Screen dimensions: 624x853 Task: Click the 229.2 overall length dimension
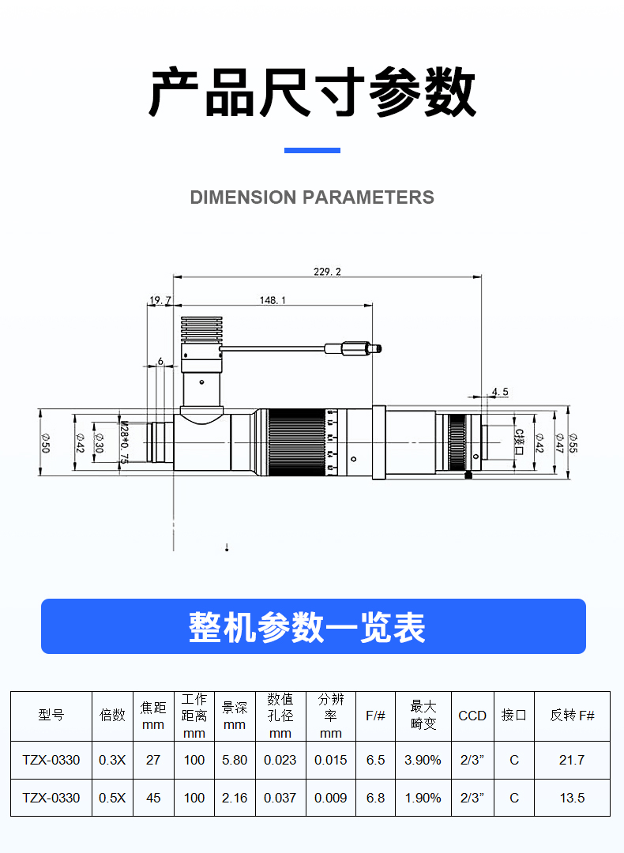point(327,272)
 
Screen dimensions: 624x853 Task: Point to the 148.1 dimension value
point(273,300)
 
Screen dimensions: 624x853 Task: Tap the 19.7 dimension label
point(160,300)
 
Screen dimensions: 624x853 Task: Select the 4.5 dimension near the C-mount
point(500,392)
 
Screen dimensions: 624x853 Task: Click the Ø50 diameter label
point(46,443)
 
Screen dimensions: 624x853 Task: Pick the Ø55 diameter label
point(573,443)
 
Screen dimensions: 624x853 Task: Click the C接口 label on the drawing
point(519,442)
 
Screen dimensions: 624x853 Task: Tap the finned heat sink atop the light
point(202,329)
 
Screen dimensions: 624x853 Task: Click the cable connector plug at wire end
point(353,348)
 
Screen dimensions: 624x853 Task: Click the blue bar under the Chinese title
point(312,150)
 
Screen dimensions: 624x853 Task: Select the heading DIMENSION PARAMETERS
point(312,197)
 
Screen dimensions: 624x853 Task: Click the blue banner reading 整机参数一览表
point(314,626)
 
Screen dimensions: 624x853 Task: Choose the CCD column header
point(472,716)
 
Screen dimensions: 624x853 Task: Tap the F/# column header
point(375,716)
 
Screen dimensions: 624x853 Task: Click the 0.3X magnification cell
point(112,760)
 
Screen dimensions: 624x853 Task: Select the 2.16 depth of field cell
point(235,798)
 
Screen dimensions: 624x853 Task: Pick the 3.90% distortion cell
point(423,760)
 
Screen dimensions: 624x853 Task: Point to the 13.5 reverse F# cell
point(572,798)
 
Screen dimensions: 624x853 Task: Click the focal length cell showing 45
point(153,798)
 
